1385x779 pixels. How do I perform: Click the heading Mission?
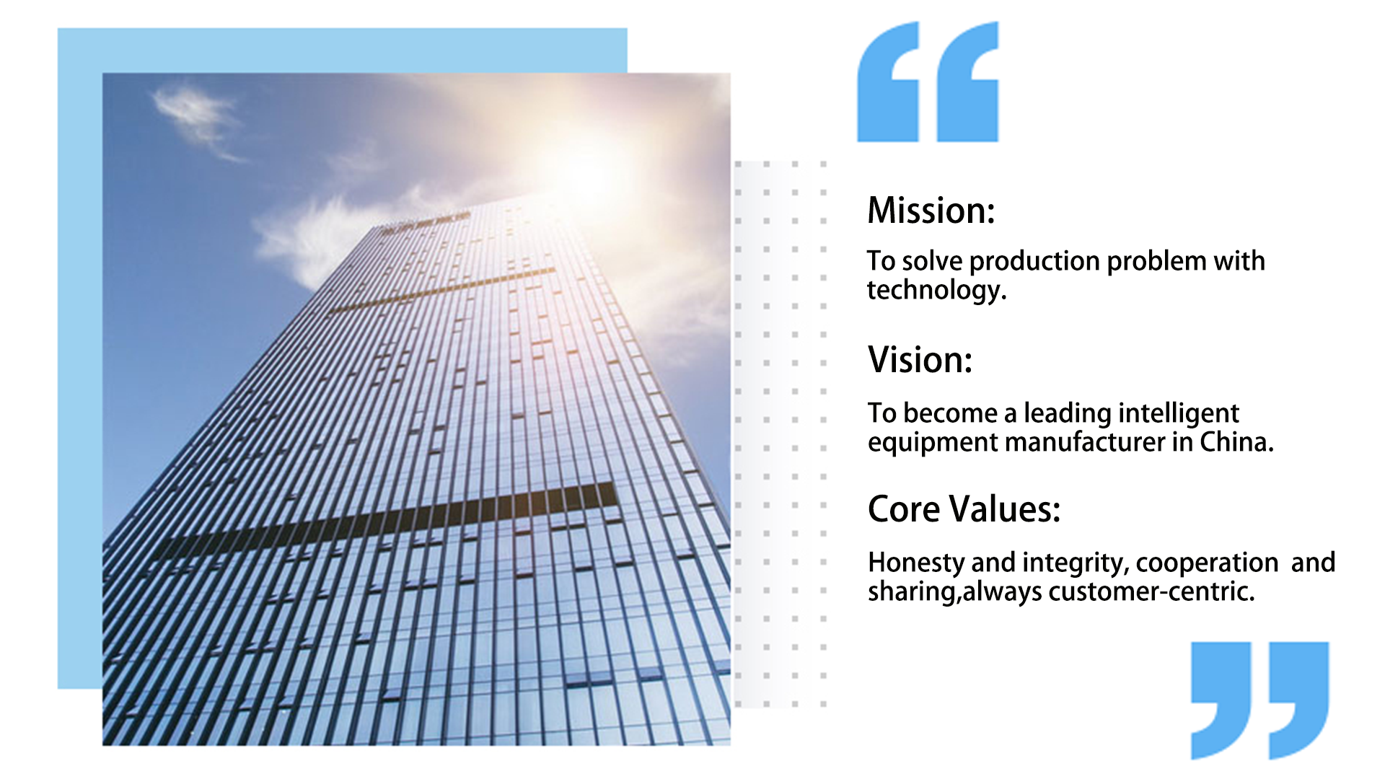pos(931,211)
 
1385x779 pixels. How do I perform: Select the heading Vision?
pos(920,359)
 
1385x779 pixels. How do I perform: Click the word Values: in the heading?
pos(1005,509)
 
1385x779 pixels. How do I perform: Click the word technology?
pos(936,291)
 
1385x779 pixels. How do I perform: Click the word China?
pos(1236,441)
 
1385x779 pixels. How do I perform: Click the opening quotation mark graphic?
pos(928,82)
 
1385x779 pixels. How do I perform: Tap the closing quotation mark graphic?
pos(1259,700)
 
